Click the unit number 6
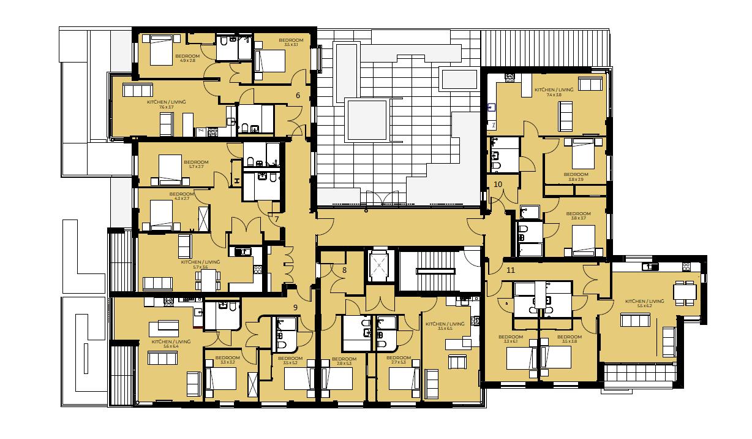tap(298, 95)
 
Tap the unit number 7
tap(277, 219)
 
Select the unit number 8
tap(345, 270)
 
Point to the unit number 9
tap(295, 307)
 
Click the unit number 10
tap(497, 184)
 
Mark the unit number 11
tap(511, 269)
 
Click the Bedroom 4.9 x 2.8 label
tap(187, 58)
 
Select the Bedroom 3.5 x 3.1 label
tap(294, 42)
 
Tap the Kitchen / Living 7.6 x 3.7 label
tap(166, 104)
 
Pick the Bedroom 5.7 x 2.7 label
tap(197, 164)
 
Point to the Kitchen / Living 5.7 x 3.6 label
tap(200, 264)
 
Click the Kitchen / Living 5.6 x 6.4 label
tap(171, 343)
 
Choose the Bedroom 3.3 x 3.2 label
tap(227, 360)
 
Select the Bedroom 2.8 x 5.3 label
tap(344, 361)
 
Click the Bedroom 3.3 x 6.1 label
tap(510, 339)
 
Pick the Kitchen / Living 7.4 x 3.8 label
tap(554, 92)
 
